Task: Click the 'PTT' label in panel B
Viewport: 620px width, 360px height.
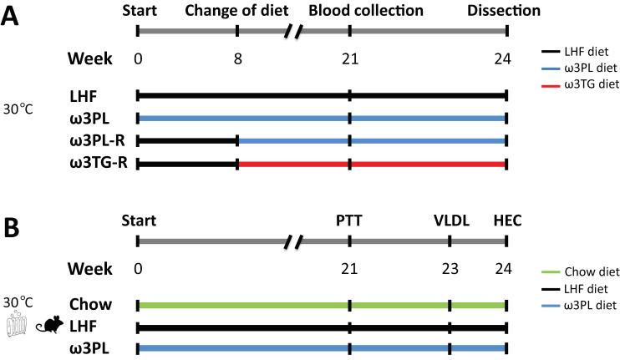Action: (350, 221)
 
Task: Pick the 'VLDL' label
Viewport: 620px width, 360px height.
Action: (450, 221)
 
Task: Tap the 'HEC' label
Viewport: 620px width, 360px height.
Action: (506, 221)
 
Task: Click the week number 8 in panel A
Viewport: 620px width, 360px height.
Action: (237, 61)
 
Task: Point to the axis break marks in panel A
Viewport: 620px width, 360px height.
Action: (293, 32)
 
